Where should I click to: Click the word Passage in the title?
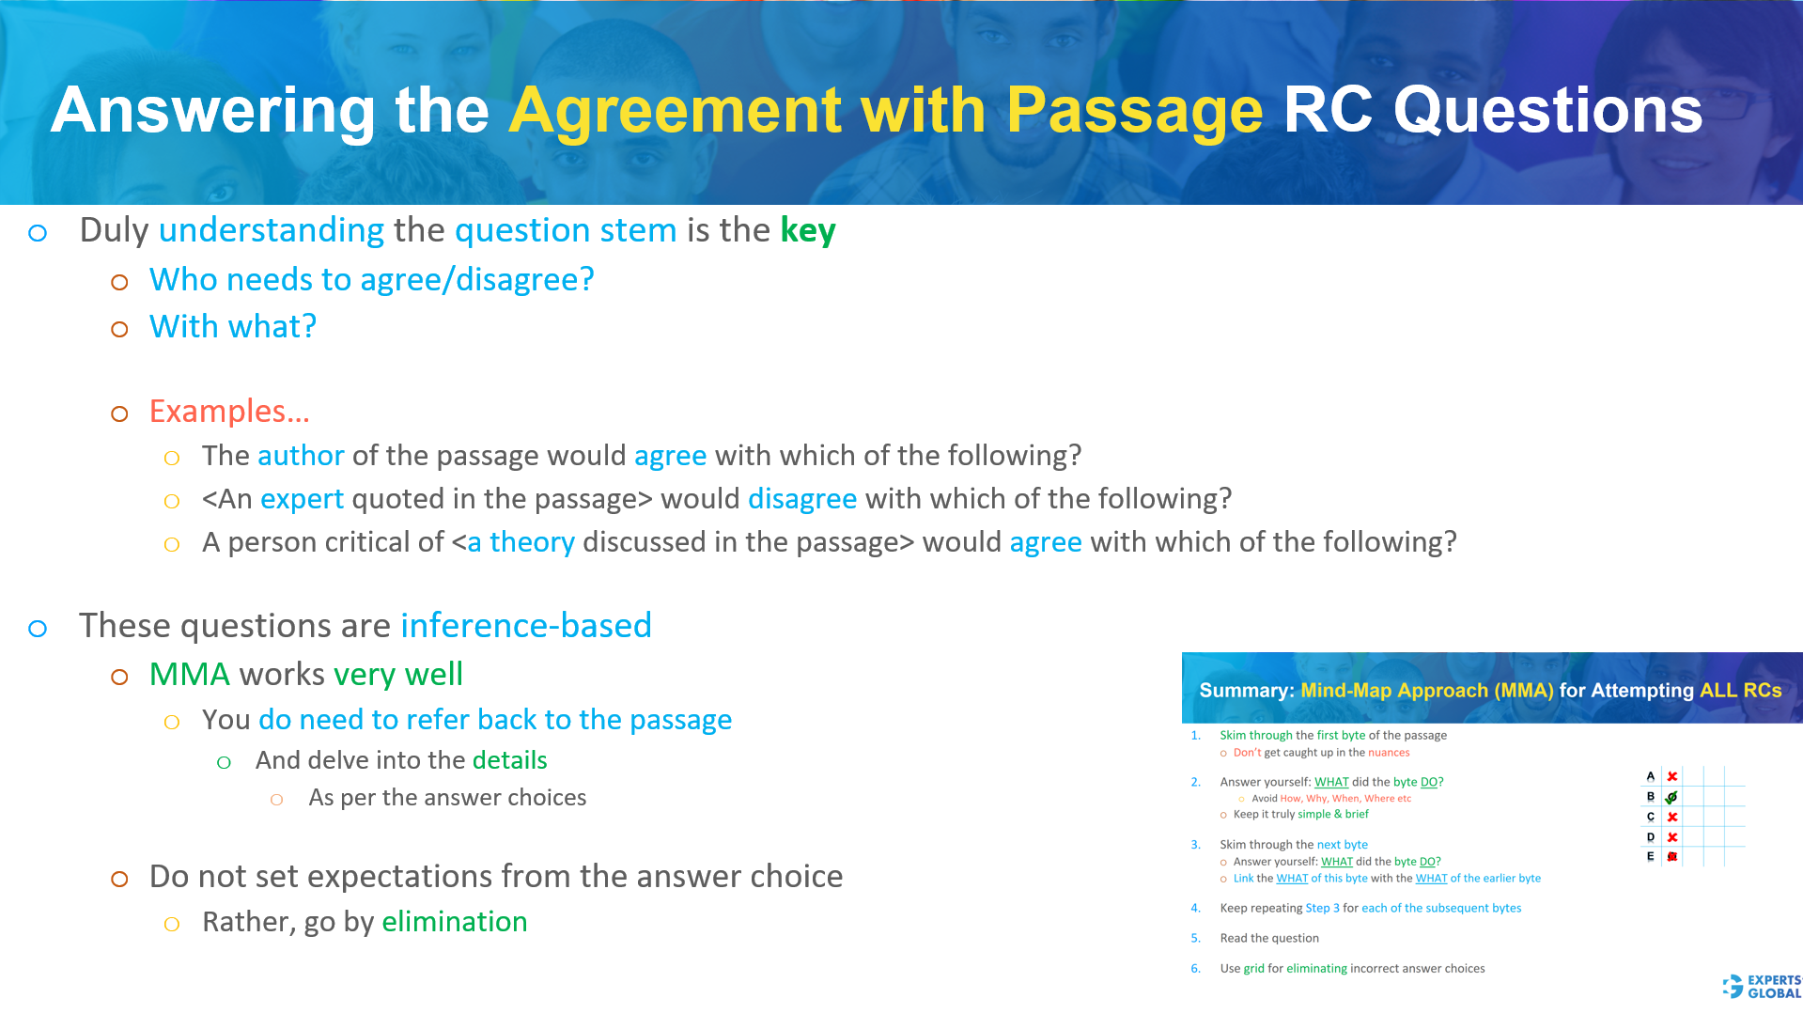point(1134,111)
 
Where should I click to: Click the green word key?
point(807,230)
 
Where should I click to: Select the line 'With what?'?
point(232,327)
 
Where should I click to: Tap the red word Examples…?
point(229,412)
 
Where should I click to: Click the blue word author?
point(301,456)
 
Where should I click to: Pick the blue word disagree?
point(801,499)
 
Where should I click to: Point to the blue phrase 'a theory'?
point(521,542)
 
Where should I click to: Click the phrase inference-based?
point(525,626)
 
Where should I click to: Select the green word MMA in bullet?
point(189,675)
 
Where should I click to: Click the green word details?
point(509,760)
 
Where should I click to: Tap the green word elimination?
point(454,922)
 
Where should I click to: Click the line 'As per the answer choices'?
point(447,798)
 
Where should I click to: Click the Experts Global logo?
point(1763,987)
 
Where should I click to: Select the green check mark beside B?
point(1671,797)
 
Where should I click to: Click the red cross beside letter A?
point(1672,776)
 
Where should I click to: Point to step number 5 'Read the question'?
point(1268,938)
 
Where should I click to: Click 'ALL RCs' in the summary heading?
point(1740,691)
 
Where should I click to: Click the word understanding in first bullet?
point(271,230)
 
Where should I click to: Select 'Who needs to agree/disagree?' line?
point(371,280)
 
